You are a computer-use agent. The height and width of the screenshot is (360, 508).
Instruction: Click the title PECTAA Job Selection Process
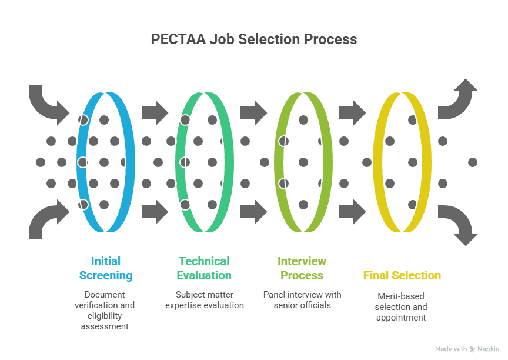click(x=254, y=39)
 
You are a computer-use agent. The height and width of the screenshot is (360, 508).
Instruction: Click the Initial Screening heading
click(x=106, y=268)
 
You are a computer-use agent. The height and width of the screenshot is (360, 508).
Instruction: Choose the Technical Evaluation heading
click(x=205, y=268)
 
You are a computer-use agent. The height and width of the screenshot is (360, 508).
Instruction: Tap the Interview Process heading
click(x=302, y=268)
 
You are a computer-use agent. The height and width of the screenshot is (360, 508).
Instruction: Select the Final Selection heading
click(x=402, y=275)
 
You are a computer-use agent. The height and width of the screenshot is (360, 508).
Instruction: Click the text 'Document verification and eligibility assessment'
click(x=105, y=310)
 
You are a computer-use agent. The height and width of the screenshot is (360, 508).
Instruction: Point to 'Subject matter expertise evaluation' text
click(x=205, y=299)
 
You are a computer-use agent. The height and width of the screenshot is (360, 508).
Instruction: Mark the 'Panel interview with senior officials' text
click(x=302, y=299)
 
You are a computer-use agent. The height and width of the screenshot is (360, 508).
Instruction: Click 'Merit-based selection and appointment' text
click(x=401, y=306)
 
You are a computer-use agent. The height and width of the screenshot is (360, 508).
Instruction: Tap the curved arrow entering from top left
click(x=47, y=102)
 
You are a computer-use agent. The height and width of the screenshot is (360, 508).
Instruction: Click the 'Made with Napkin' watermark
click(x=467, y=349)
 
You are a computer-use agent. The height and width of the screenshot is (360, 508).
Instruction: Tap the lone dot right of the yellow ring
click(x=472, y=162)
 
